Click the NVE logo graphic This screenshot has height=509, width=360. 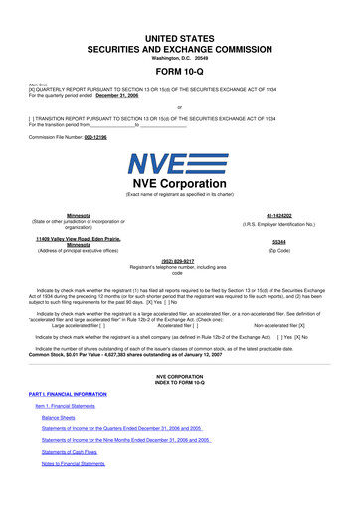(x=180, y=163)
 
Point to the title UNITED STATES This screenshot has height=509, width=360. (x=179, y=20)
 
